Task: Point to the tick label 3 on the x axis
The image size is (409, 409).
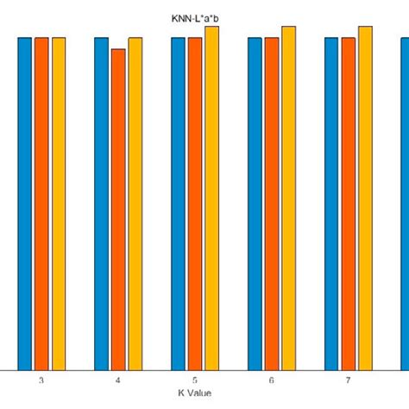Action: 41,381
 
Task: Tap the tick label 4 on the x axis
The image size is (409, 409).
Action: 118,381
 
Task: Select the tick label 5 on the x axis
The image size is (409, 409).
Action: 195,381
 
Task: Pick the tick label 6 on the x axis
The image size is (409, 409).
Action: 272,381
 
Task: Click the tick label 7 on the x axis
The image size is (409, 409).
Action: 349,381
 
